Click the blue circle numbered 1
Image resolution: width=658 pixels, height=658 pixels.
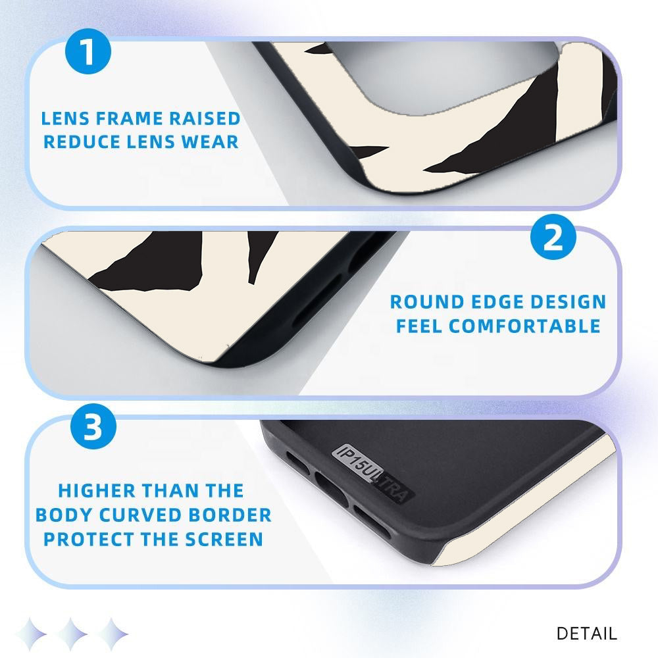point(88,51)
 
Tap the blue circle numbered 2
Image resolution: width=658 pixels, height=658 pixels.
point(553,237)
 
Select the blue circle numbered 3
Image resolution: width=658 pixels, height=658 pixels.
point(93,426)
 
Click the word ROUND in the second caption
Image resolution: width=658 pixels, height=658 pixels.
point(428,302)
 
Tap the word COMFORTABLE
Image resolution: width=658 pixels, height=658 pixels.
point(524,326)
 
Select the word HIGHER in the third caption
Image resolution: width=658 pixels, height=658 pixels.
point(97,491)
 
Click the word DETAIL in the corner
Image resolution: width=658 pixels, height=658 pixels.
point(587,634)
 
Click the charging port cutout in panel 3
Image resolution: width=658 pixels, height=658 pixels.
point(332,489)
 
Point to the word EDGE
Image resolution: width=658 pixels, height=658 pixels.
point(497,302)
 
